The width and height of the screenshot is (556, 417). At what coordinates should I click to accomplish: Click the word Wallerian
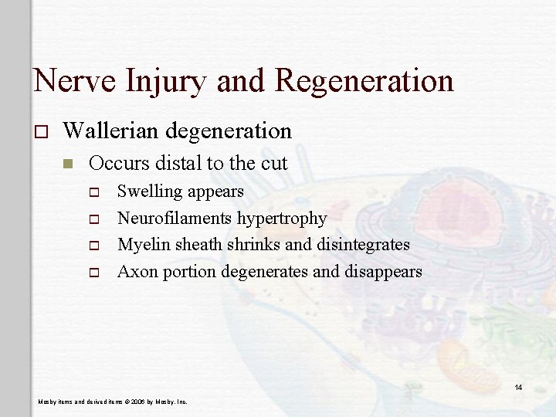pos(117,131)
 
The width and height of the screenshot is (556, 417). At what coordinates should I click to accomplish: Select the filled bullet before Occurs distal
pos(69,164)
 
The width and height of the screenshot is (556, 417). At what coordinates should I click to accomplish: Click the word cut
pos(273,163)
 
